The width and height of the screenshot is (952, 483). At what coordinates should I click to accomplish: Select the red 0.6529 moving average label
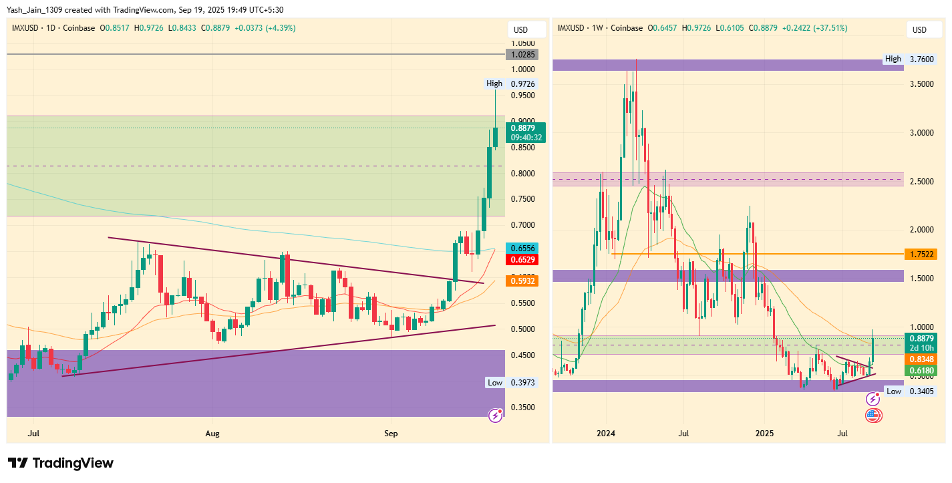click(523, 259)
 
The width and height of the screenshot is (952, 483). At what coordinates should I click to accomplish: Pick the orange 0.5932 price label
click(523, 281)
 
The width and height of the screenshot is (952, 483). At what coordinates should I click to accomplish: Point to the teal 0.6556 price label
click(523, 247)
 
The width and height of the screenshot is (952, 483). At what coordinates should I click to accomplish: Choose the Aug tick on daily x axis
click(212, 434)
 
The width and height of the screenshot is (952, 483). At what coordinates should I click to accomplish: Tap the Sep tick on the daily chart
click(391, 434)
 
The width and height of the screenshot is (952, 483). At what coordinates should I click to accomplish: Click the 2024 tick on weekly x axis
click(605, 434)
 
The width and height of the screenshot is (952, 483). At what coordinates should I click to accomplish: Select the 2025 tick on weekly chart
click(765, 434)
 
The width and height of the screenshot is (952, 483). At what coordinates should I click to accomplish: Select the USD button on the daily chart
click(520, 29)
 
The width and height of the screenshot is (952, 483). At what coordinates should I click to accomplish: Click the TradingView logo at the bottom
click(61, 463)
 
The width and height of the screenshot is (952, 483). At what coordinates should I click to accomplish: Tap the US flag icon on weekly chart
click(873, 416)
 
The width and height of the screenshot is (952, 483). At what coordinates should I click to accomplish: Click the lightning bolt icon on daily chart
click(496, 415)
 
